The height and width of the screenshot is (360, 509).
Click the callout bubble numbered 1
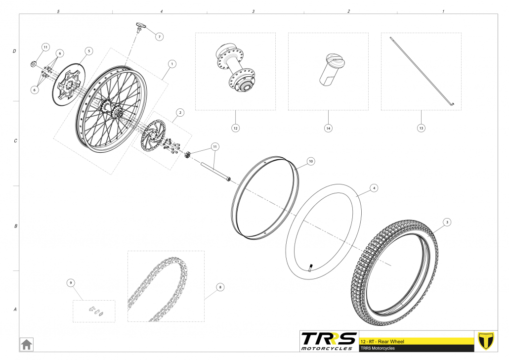172,64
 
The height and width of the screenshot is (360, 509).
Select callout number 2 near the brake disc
180,113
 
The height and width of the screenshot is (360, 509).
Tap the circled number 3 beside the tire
446,222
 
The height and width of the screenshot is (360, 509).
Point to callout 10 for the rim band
310,161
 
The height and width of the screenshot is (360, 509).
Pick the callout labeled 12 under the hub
235,128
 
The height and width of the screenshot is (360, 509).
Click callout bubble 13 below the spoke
421,128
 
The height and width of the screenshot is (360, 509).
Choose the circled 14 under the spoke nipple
328,128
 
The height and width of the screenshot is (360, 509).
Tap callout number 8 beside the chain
220,286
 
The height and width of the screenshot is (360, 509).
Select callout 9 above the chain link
71,283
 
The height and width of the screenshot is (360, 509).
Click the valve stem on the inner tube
311,269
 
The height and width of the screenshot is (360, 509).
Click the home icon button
26,344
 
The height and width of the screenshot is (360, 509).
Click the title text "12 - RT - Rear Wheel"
383,342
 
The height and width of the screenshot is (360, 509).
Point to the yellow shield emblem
487,341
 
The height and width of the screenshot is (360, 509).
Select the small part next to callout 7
140,27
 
